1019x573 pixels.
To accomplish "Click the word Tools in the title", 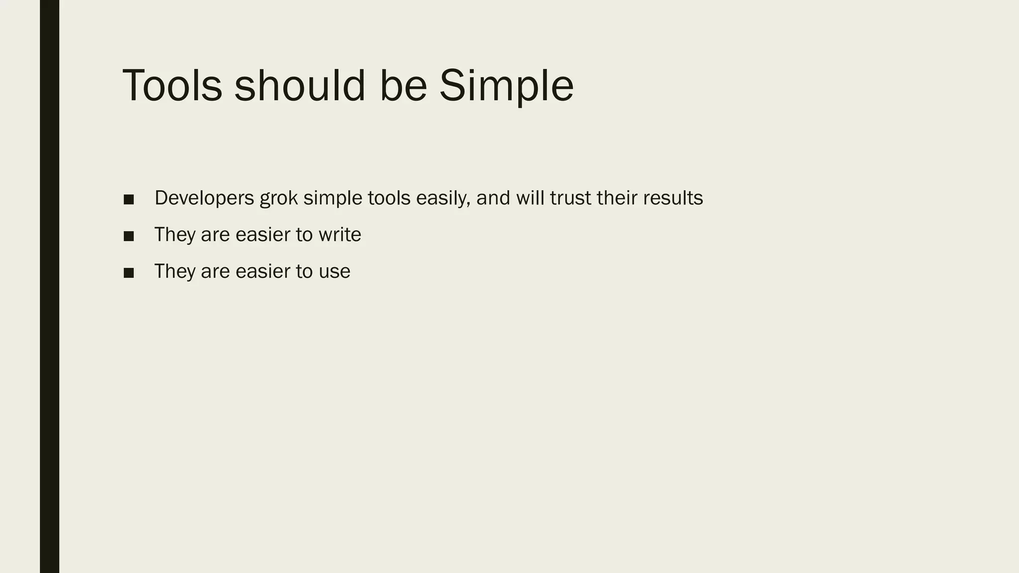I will pyautogui.click(x=172, y=86).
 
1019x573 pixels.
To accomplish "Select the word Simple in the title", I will pyautogui.click(x=506, y=86).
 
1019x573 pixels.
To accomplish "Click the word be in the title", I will pyautogui.click(x=403, y=86).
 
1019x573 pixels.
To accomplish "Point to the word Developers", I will pyautogui.click(x=204, y=198).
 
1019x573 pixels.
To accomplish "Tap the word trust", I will pyautogui.click(x=571, y=198).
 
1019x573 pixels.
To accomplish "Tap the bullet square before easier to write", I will pyautogui.click(x=129, y=236).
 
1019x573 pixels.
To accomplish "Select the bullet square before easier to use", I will pyautogui.click(x=129, y=273).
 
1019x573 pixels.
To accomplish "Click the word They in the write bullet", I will pyautogui.click(x=175, y=235).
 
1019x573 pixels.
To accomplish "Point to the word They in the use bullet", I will pyautogui.click(x=175, y=272).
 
